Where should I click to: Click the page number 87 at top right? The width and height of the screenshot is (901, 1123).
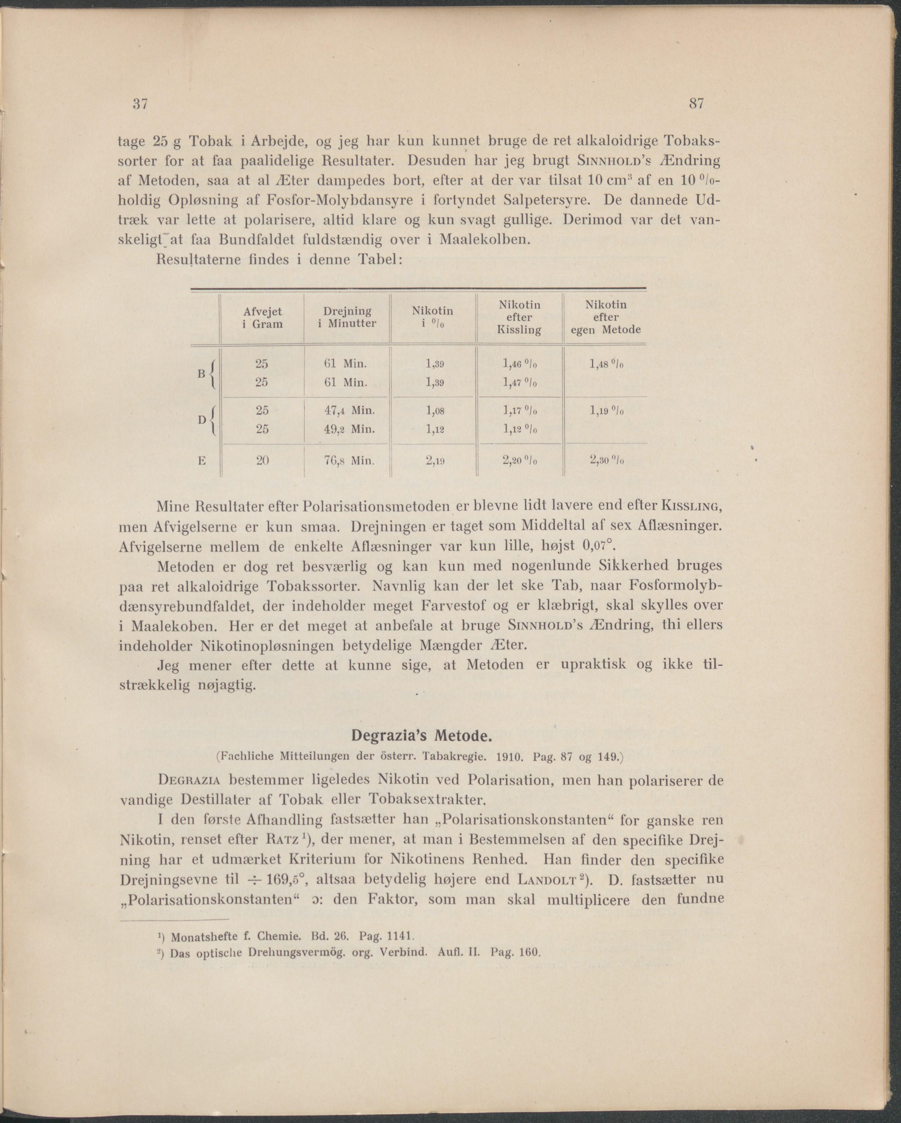click(696, 104)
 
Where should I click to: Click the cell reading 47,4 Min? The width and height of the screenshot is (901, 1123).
click(349, 410)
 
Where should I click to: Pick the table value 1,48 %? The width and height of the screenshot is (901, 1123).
click(607, 364)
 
